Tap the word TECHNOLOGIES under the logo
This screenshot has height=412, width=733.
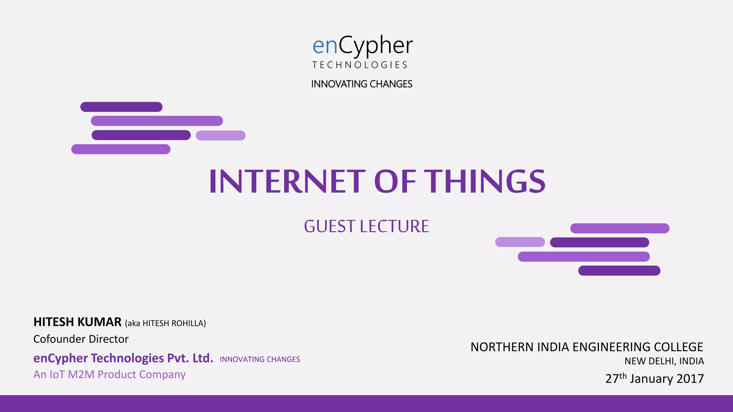(360, 65)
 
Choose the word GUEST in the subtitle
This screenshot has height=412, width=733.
(329, 226)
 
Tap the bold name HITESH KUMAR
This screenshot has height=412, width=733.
(77, 322)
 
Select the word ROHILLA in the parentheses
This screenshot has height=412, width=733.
(188, 323)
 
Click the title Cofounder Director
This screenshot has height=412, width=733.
(81, 339)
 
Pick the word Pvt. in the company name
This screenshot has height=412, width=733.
(178, 358)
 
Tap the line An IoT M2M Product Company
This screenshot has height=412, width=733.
(110, 374)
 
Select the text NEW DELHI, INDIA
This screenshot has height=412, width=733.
(664, 361)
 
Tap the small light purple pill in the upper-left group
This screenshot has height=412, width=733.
(220, 136)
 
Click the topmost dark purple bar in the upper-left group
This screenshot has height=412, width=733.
(121, 107)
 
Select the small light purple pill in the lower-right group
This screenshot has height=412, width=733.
(520, 242)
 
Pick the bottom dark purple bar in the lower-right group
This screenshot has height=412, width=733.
(619, 271)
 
